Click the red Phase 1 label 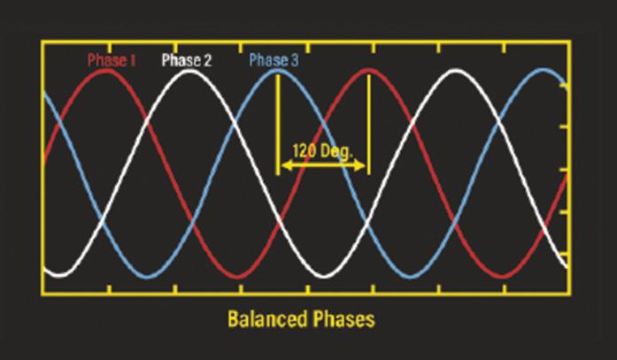tap(111, 61)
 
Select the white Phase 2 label tap(186, 61)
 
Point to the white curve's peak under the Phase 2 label tap(190, 72)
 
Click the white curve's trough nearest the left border tap(60, 273)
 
